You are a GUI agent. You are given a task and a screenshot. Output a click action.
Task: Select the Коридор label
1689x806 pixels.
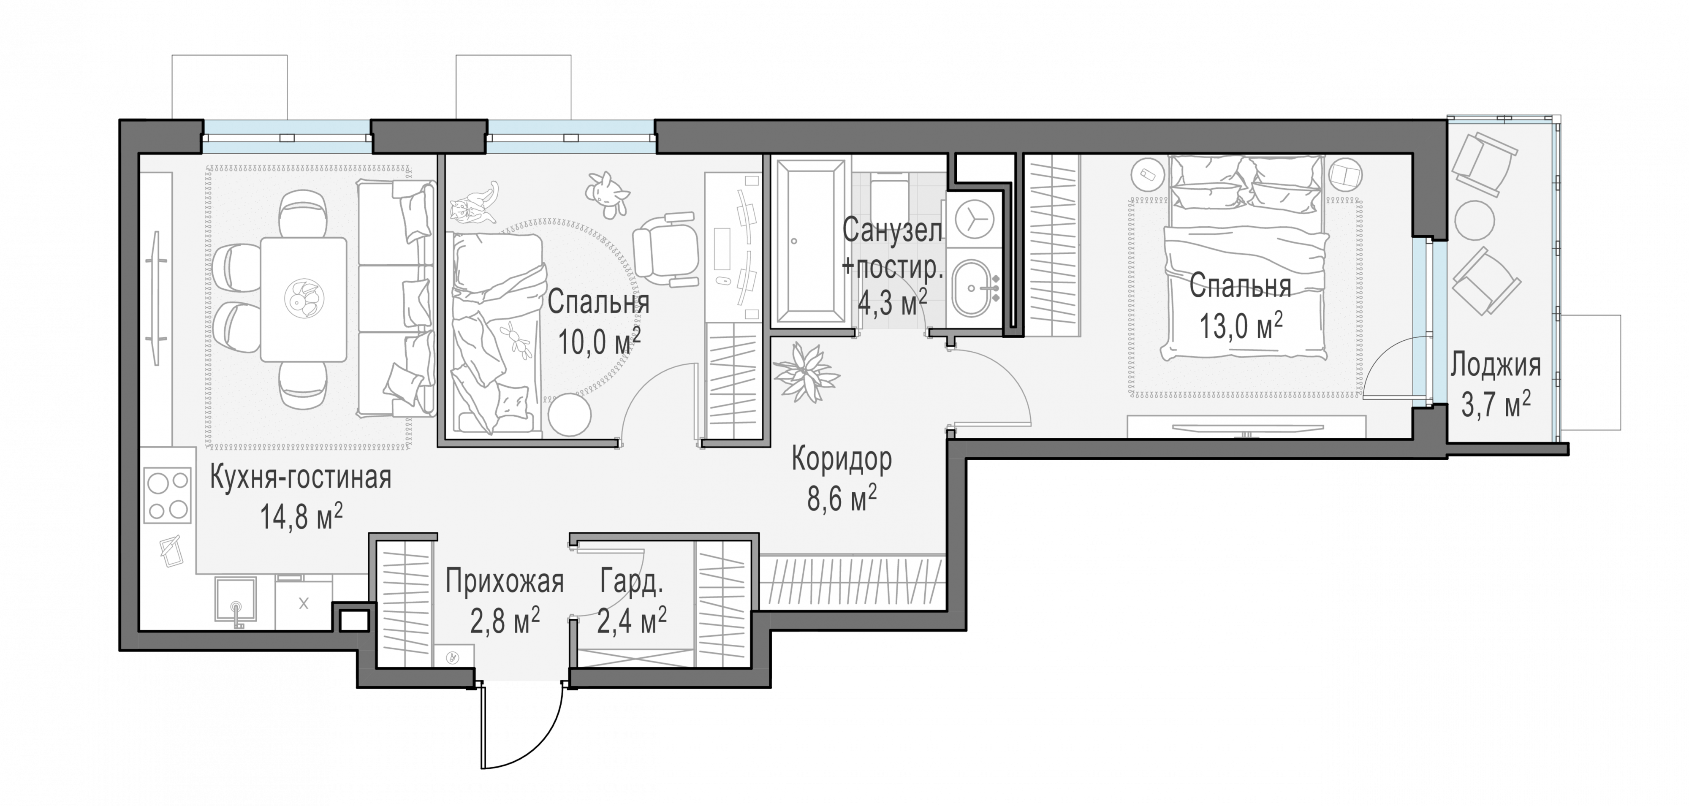click(842, 460)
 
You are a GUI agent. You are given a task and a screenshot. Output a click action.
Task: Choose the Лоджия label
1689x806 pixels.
click(1496, 365)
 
